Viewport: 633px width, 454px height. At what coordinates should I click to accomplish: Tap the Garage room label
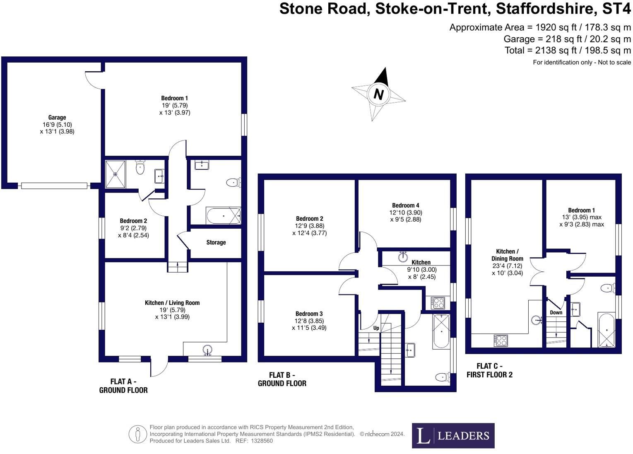click(57, 117)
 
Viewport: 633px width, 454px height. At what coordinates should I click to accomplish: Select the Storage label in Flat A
click(216, 242)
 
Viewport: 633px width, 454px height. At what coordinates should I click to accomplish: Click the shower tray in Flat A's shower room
click(115, 174)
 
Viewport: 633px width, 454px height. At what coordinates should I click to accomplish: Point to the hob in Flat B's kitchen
click(438, 303)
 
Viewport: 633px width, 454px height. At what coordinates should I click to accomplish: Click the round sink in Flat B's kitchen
click(403, 257)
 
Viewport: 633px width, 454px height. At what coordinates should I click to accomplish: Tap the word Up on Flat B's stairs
click(376, 328)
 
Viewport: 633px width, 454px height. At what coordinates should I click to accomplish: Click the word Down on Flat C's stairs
click(556, 312)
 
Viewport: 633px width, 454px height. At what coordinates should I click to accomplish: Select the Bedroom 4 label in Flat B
click(406, 205)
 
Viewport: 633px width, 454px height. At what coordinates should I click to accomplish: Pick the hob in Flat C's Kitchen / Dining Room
click(501, 340)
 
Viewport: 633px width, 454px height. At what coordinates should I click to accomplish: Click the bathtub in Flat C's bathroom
click(606, 330)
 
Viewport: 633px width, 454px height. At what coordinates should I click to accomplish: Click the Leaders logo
click(453, 436)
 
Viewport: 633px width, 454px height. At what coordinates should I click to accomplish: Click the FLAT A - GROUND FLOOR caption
click(123, 386)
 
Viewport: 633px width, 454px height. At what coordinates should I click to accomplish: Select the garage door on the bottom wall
click(54, 186)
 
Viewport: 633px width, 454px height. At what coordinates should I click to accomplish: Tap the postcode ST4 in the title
click(616, 9)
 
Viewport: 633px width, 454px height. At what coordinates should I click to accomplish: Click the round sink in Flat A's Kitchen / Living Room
click(208, 350)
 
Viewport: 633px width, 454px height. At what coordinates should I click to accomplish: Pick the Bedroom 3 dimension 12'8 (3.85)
click(309, 321)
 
